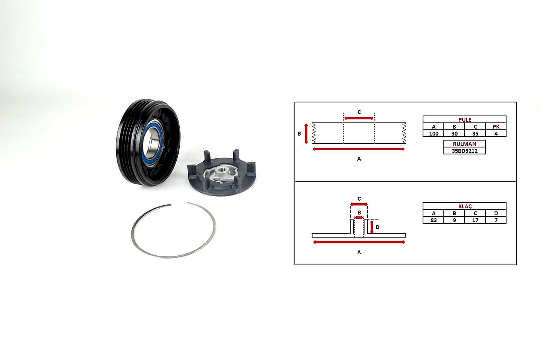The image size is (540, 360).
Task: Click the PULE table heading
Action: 465,120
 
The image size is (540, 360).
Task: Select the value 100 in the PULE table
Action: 433,134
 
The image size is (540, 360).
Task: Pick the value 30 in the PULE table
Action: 455,134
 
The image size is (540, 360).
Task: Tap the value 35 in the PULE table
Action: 475,134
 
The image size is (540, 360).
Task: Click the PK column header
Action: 496,127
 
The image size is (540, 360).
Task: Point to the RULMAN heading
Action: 465,144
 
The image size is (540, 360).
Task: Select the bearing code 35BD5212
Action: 465,151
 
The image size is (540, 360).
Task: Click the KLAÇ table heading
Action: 465,206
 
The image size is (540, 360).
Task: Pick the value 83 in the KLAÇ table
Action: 433,220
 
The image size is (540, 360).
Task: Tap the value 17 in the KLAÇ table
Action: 475,220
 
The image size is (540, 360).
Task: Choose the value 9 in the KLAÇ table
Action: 455,220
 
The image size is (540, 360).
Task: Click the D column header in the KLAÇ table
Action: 496,213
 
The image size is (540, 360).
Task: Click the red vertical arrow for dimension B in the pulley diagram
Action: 306,134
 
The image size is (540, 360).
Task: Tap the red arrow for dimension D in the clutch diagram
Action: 372,227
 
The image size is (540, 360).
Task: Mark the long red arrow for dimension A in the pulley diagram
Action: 358,149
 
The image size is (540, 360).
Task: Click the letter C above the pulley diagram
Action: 359,112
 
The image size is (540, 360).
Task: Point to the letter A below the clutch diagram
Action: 359,252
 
